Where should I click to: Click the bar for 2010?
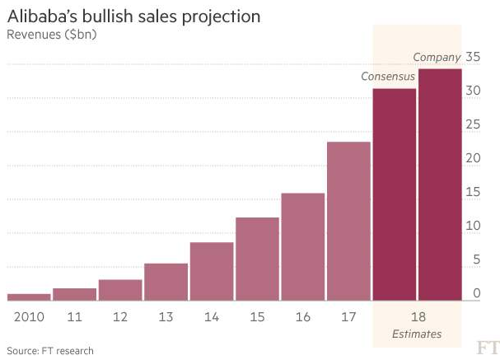coord(28,297)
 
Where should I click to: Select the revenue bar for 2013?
coord(166,282)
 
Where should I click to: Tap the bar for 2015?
coord(257,259)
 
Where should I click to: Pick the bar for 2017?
coord(348,221)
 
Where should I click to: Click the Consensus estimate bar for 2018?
coord(394,194)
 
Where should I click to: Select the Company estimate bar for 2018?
coord(439,185)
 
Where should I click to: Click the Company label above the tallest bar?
coord(437,58)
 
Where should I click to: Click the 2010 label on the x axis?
coord(28,316)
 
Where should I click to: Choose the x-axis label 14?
coord(211,316)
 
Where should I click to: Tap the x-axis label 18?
coord(417,316)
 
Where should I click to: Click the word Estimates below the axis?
coord(417,334)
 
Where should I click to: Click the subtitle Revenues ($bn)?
coord(49,35)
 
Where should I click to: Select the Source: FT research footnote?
coord(50,351)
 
